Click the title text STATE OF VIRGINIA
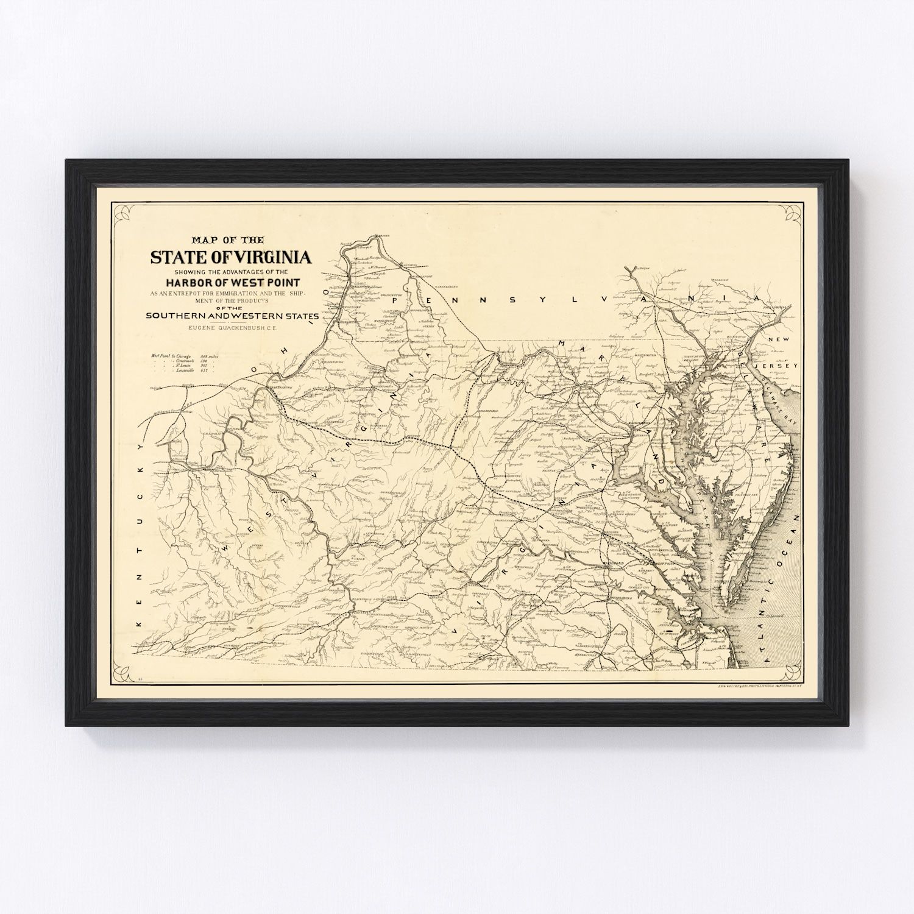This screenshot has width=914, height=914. (x=231, y=257)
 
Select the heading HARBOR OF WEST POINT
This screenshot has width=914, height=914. (x=232, y=282)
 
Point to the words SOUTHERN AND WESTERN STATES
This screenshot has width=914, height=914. (x=232, y=316)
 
